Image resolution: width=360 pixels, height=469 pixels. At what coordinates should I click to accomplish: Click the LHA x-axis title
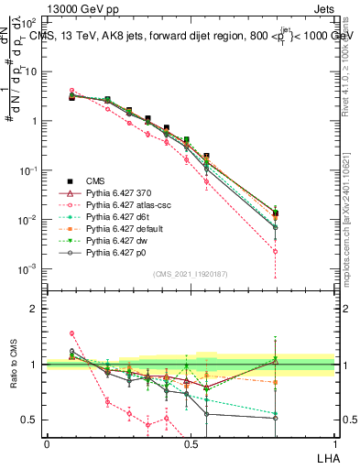(x=327, y=456)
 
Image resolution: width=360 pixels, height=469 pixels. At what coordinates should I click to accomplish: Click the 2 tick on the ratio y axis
(x=34, y=309)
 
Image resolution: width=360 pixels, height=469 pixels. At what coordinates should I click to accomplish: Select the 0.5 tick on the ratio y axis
(x=30, y=420)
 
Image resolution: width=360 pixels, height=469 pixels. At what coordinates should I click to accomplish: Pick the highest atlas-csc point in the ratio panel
(x=71, y=333)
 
